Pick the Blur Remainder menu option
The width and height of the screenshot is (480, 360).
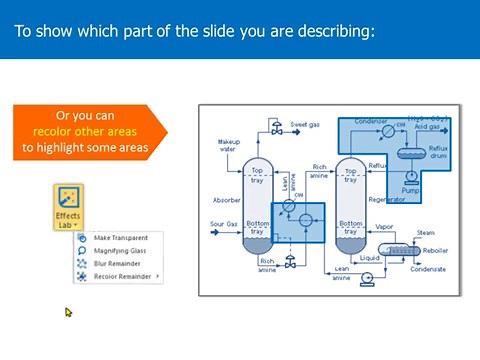pyautogui.click(x=116, y=263)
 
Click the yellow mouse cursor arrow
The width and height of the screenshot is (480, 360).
pyautogui.click(x=69, y=312)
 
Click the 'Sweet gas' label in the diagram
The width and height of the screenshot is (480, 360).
pyautogui.click(x=305, y=125)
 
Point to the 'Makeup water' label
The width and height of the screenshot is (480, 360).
pyautogui.click(x=229, y=147)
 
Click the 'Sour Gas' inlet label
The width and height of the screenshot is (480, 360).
pyautogui.click(x=224, y=224)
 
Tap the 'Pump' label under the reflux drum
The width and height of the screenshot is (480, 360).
pyautogui.click(x=410, y=188)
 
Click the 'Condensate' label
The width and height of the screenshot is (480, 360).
pyautogui.click(x=431, y=268)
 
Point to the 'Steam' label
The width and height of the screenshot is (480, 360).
pyautogui.click(x=425, y=233)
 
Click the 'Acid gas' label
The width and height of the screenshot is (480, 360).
pyautogui.click(x=428, y=127)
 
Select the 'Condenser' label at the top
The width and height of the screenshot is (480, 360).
pyautogui.click(x=371, y=121)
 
